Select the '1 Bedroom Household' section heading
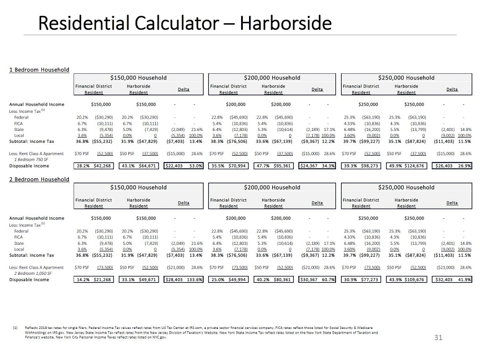click(39, 69)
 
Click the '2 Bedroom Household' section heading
click(39, 179)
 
